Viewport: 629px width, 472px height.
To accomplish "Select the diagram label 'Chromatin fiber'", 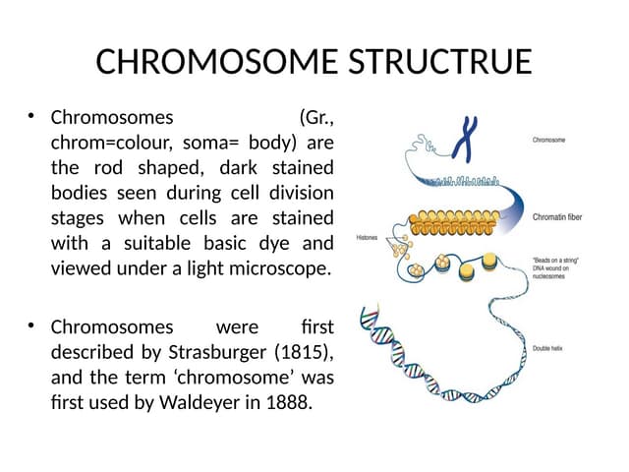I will point(559,216).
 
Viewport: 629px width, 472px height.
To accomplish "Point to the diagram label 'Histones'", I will point(368,237).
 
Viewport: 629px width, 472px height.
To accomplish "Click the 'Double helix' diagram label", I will point(548,348).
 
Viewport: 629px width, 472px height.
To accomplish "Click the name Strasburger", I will point(209,351).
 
